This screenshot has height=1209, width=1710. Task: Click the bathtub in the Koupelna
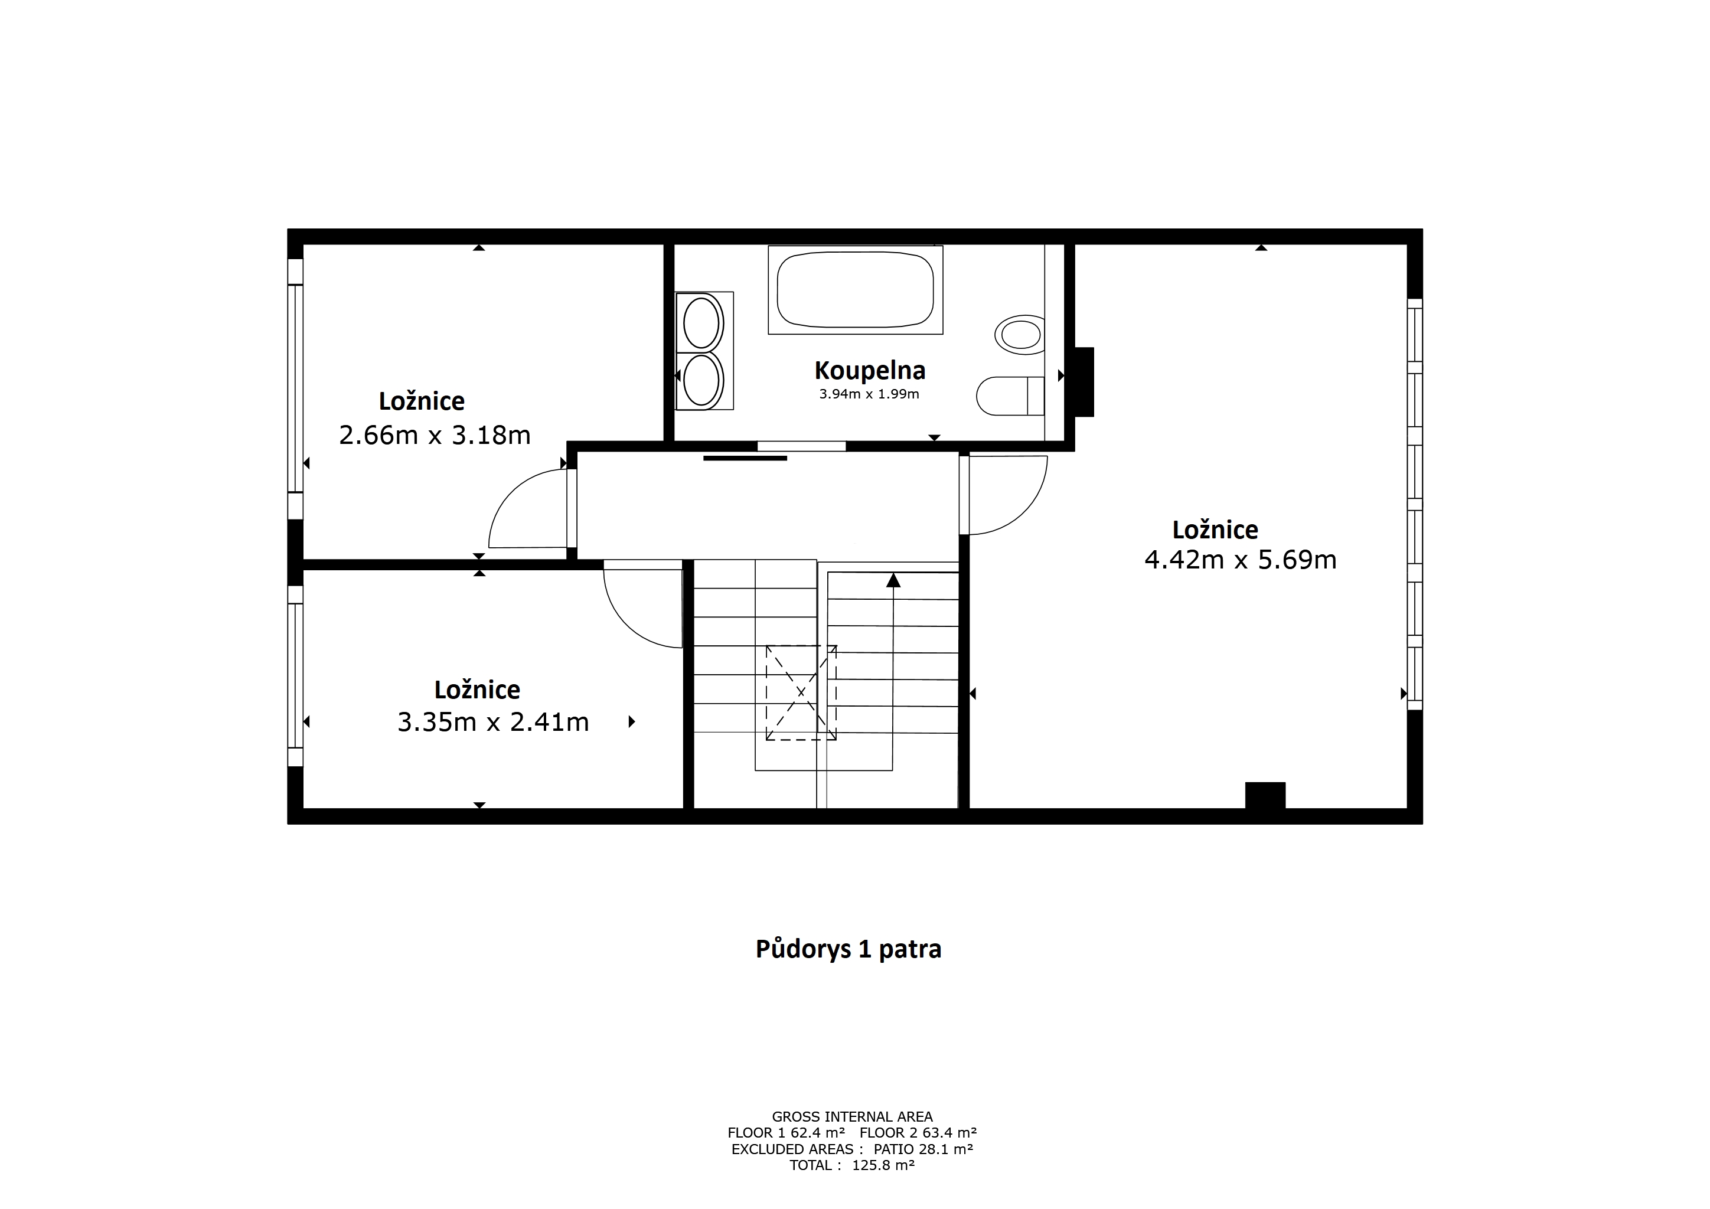pos(855,290)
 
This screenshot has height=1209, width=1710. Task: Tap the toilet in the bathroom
pos(1010,396)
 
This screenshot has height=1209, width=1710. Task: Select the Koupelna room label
pos(870,370)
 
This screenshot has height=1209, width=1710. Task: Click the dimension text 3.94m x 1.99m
pos(869,394)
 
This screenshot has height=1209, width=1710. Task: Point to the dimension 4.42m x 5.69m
pos(1240,559)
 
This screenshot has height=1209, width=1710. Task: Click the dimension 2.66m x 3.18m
pos(435,434)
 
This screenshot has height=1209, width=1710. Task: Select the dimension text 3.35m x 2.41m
pos(493,721)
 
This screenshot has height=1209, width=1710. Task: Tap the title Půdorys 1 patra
pos(849,949)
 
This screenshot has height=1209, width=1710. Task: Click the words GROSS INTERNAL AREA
pos(852,1117)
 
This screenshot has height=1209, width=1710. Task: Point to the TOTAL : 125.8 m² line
pos(852,1165)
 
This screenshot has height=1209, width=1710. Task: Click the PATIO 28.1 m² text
pos(923,1149)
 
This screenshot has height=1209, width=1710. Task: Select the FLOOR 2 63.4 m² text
pos(918,1132)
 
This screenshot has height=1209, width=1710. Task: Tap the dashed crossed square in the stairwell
pos(801,692)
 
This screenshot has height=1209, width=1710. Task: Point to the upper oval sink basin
pos(701,323)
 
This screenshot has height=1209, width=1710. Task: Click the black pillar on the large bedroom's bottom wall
pos(1265,795)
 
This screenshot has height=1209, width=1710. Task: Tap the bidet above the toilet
pos(1020,335)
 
